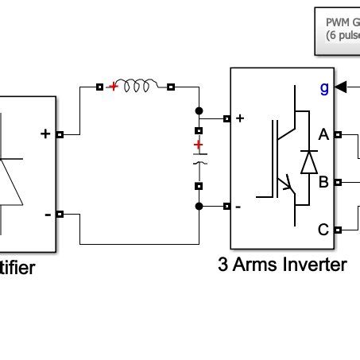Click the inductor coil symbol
point(141,87)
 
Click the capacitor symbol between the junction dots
point(199,159)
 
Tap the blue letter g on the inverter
point(323,88)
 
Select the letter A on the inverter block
point(323,135)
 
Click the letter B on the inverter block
point(323,182)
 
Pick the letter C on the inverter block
point(323,230)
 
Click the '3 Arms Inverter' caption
point(282,265)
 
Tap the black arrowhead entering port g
point(341,87)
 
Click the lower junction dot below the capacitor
point(199,207)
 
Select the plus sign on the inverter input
point(240,118)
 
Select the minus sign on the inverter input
point(239,207)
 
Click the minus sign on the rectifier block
point(48,214)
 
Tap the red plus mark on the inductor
point(114,87)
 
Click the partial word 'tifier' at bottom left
point(17,268)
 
